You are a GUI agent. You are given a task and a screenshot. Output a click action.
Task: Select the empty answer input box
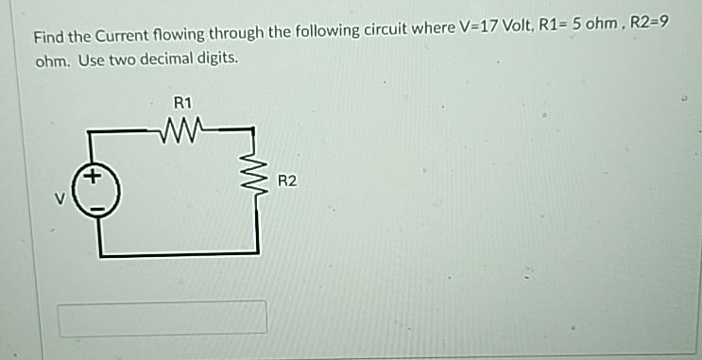(x=163, y=318)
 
